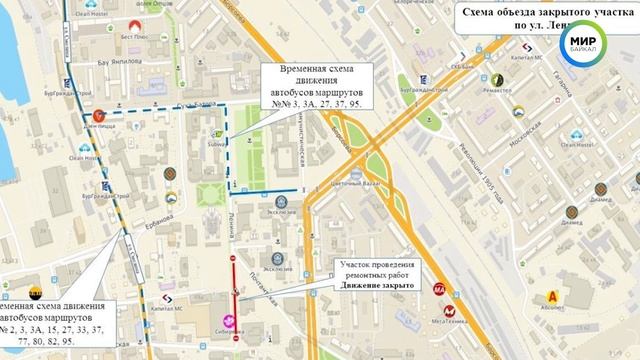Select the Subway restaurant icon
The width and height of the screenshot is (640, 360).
[x=218, y=135]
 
